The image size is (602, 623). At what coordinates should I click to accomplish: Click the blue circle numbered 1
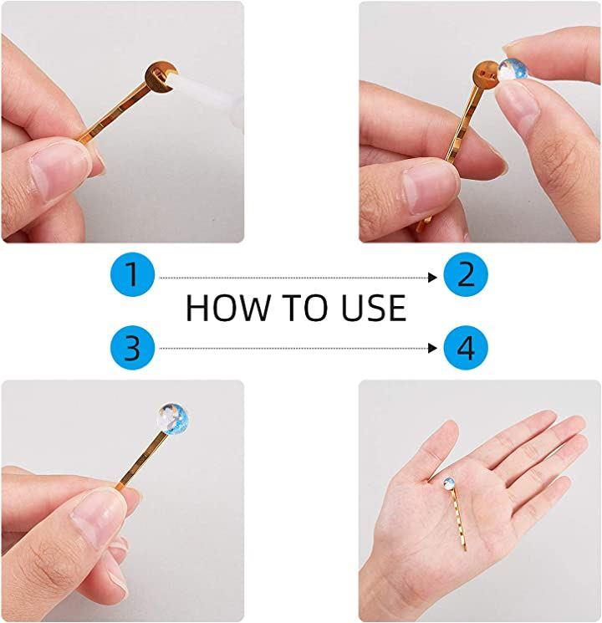[x=132, y=274]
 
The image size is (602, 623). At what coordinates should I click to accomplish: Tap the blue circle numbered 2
[x=466, y=274]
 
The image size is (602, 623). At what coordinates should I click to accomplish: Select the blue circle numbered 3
[x=132, y=348]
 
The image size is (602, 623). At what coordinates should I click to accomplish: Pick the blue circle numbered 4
[x=466, y=348]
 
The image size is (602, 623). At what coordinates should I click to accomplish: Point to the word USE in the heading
[x=374, y=308]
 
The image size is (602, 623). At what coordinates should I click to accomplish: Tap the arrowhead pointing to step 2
[x=432, y=278]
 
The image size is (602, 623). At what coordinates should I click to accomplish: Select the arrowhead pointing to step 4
[x=432, y=349]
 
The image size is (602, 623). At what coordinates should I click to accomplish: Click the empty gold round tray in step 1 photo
[x=159, y=77]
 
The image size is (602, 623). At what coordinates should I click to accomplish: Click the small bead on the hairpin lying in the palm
[x=449, y=483]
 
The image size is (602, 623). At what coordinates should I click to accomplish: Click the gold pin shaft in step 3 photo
[x=142, y=461]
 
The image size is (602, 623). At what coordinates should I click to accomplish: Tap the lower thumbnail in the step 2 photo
[x=429, y=186]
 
